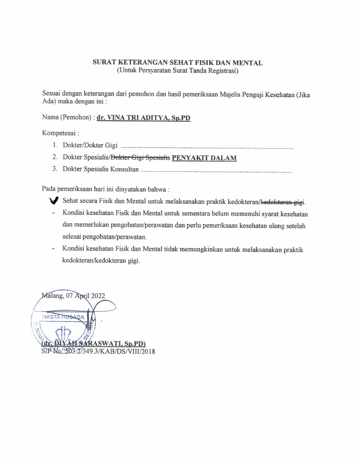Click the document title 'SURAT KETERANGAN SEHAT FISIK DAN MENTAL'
[177, 63]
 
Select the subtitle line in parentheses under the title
[177, 70]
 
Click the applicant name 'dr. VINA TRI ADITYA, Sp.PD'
[143, 118]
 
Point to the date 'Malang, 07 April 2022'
[74, 296]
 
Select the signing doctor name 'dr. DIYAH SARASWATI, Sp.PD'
[95, 344]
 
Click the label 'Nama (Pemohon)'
[64, 118]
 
